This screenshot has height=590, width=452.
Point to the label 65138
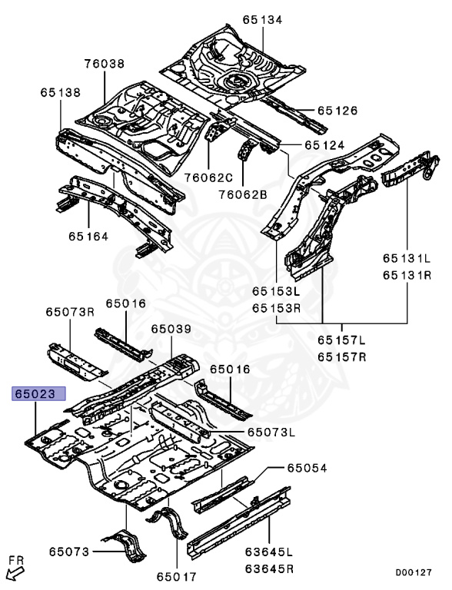pos(60,92)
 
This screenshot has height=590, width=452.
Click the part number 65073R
pos(69,311)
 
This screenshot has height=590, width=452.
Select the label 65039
pos(171,328)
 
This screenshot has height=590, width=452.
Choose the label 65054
pos(307,468)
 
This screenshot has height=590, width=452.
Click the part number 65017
pos(178,575)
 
